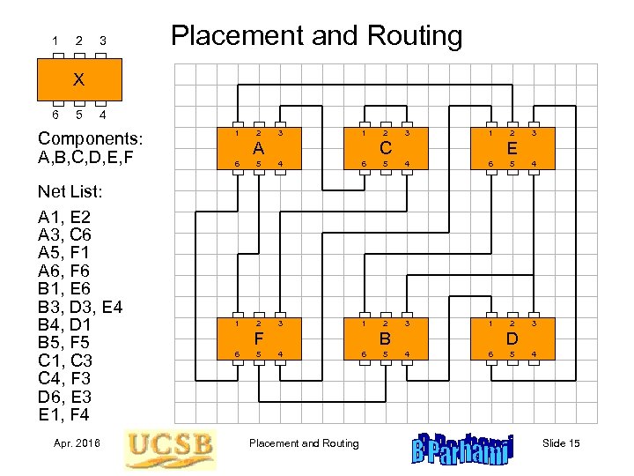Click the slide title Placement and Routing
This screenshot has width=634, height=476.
[x=316, y=36]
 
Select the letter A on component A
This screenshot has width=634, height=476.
[x=259, y=148]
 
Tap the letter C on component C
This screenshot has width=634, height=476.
[x=385, y=148]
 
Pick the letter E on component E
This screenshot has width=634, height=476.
[x=512, y=148]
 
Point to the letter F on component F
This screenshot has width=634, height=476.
[x=259, y=338]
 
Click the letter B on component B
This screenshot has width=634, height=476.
[x=385, y=338]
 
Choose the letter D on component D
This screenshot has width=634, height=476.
[x=512, y=338]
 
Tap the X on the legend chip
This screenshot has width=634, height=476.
[x=78, y=79]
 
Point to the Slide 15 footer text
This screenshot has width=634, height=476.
[x=561, y=443]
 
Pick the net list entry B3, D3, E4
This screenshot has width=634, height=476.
[x=80, y=307]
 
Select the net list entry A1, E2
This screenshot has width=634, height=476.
[x=64, y=217]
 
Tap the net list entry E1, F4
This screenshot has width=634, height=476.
[x=64, y=414]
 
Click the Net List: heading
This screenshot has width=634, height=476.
[x=70, y=191]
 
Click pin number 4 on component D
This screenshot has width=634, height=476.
[x=533, y=354]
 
